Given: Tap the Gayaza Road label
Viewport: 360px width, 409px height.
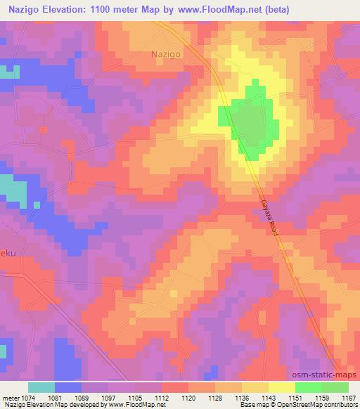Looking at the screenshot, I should click(267, 219).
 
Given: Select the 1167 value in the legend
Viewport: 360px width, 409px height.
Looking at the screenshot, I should click(349, 397).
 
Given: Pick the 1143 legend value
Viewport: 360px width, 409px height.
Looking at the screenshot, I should click(269, 397).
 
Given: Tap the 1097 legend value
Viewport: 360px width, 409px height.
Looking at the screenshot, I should click(108, 397).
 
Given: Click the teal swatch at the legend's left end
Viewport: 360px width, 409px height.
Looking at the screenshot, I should click(41, 387).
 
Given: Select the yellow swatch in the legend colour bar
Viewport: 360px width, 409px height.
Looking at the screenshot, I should click(282, 387).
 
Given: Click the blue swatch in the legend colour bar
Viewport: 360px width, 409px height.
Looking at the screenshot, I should click(68, 387).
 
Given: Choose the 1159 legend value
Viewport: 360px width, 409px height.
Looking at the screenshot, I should click(322, 397).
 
